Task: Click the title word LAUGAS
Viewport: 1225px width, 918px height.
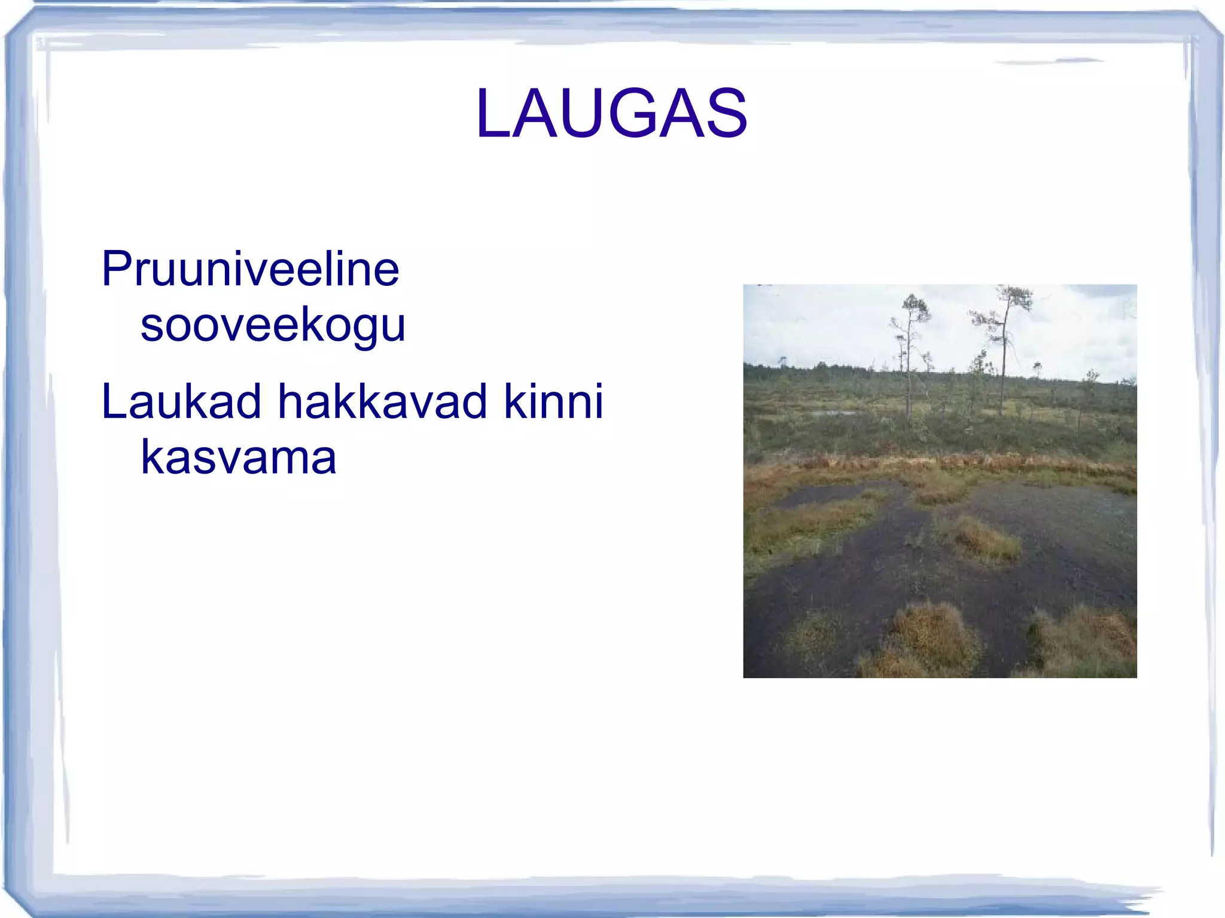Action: (x=611, y=114)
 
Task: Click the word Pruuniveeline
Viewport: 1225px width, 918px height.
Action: (x=250, y=269)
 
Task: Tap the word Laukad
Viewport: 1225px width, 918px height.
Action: (x=181, y=401)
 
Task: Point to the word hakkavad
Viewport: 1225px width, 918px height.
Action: (x=382, y=401)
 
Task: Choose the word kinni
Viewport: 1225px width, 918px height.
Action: (x=553, y=401)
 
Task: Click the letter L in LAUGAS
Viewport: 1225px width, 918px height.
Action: (x=493, y=114)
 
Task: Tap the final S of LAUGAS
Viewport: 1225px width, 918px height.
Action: (x=725, y=114)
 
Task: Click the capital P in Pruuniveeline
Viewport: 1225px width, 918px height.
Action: (x=116, y=269)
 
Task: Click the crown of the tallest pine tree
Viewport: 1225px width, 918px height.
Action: (x=1014, y=299)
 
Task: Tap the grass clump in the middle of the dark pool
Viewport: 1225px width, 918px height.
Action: (x=984, y=538)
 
